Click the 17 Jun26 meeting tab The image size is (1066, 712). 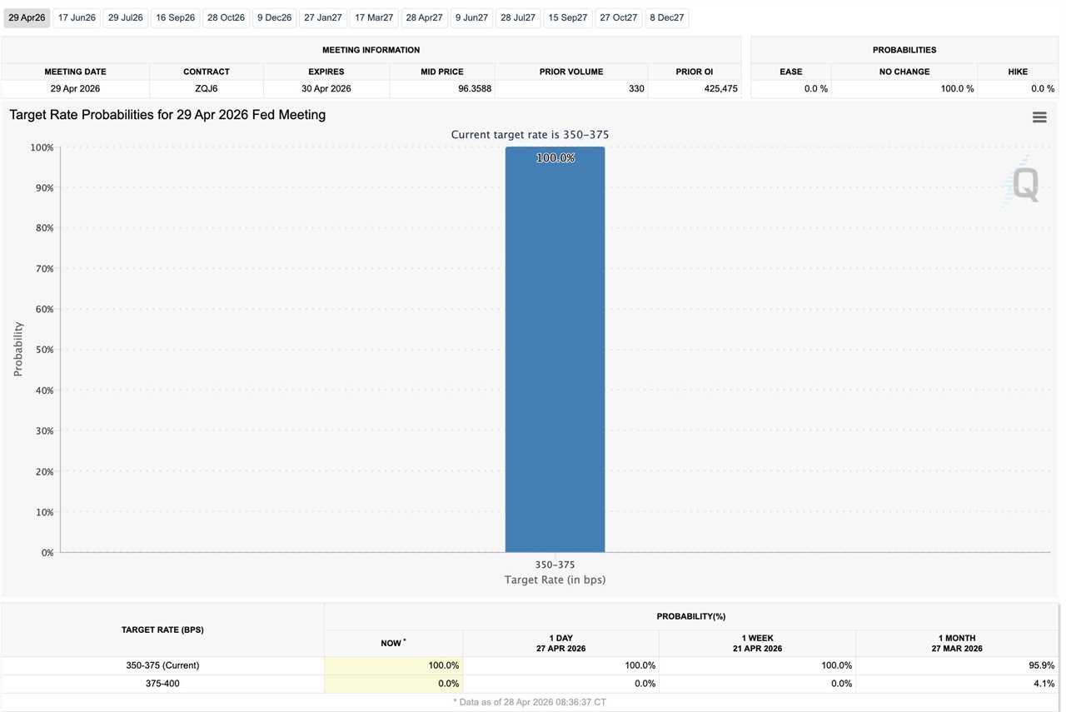[x=77, y=17]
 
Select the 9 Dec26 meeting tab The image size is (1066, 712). [x=274, y=17]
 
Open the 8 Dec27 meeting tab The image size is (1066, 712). [x=666, y=17]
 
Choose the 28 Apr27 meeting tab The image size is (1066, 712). [x=424, y=17]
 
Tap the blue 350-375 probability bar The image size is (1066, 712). [x=555, y=350]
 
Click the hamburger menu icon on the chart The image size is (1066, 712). [x=1039, y=117]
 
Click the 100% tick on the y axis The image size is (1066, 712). [x=42, y=147]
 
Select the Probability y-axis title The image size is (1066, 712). [x=18, y=349]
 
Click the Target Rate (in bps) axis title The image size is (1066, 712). [x=555, y=580]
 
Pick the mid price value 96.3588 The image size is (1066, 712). [x=475, y=88]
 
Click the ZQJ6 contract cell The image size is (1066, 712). [x=206, y=88]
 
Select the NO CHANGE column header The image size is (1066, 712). [x=904, y=72]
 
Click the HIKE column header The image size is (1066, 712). [x=1018, y=72]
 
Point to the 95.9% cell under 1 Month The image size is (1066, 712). [x=1041, y=665]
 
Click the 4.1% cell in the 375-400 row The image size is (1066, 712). [x=1043, y=684]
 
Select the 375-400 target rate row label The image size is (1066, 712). [x=162, y=684]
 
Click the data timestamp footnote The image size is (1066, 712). [x=530, y=702]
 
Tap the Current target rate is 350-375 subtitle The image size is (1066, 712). [x=530, y=134]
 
